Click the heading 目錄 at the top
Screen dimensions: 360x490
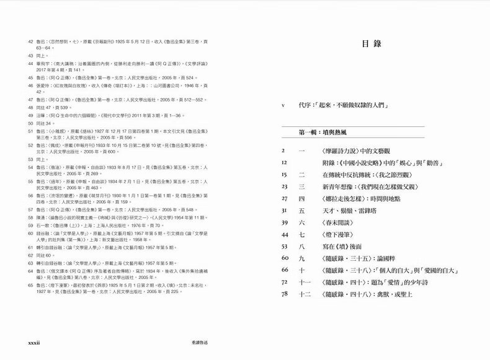pos(370,45)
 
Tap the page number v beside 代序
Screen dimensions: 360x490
pos(283,105)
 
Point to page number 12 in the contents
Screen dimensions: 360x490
pos(285,162)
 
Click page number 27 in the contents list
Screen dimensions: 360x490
pos(285,198)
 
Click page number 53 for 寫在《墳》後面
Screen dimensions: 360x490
pos(285,247)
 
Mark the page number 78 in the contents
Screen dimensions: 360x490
pos(285,294)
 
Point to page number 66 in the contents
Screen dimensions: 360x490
pos(285,270)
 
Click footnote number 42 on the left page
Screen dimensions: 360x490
pos(30,42)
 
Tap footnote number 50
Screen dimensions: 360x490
pos(30,123)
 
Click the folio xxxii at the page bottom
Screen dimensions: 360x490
pos(30,341)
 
